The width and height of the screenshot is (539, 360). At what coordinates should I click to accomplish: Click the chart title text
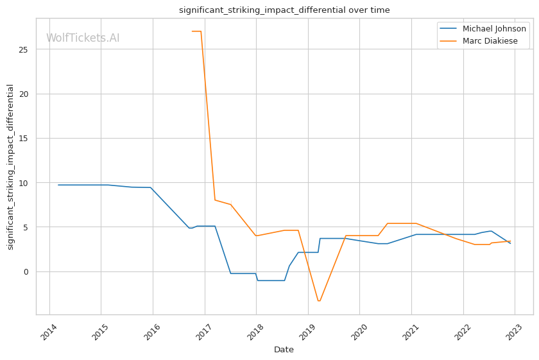284,10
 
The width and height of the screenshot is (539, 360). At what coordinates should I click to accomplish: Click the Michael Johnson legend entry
494,29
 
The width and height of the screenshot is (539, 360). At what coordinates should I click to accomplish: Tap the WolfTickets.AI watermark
83,39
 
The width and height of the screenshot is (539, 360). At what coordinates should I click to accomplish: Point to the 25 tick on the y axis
25,49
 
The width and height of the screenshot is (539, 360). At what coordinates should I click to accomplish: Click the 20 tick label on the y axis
25,94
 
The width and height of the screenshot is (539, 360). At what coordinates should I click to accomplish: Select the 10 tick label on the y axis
25,183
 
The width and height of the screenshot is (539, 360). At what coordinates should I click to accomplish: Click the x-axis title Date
284,350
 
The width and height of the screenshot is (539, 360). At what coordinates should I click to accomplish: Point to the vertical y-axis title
10,167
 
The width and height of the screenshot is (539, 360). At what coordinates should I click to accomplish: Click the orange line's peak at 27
196,31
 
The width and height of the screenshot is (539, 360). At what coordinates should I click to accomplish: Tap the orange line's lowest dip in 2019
318,301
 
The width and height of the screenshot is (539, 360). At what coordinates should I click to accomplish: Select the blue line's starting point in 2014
58,185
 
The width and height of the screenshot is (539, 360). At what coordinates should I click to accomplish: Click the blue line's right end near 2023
510,243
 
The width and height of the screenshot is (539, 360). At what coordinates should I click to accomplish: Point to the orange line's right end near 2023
510,241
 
